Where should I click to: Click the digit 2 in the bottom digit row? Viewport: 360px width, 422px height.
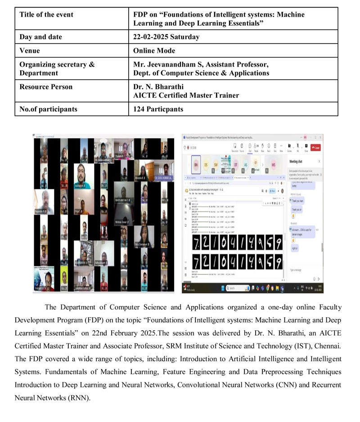pos(206,261)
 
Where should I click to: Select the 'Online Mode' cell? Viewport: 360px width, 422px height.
pos(154,50)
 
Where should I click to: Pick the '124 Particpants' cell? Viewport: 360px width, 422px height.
pos(158,109)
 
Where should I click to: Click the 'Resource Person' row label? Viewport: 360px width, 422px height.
pos(46,86)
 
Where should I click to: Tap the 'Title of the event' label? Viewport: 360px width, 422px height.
pos(46,14)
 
